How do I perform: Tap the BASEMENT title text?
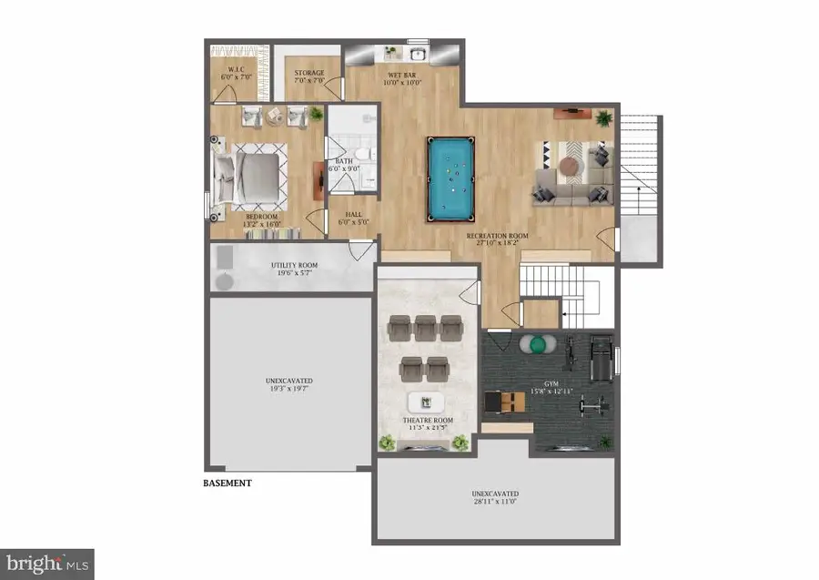coord(227,483)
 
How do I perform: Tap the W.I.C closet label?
coord(236,71)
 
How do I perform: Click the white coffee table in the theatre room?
coord(425,402)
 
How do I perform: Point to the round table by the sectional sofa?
coord(570,165)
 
